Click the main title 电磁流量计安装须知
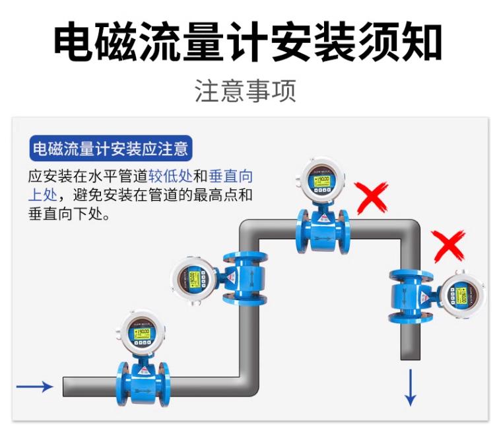click(x=247, y=43)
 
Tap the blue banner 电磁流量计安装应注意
click(x=110, y=149)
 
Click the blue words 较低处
click(x=169, y=176)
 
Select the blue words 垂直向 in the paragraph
click(x=230, y=176)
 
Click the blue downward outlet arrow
click(x=411, y=387)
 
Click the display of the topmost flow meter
click(x=322, y=180)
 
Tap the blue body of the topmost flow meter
click(x=323, y=227)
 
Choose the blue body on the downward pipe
click(x=411, y=296)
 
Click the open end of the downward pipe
click(x=411, y=358)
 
